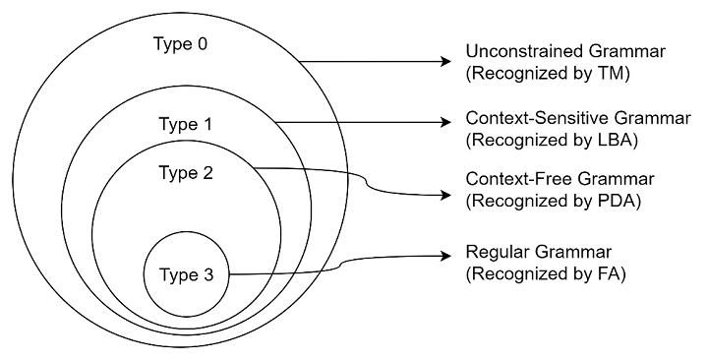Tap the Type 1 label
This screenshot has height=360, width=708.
185,125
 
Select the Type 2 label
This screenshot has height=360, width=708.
185,173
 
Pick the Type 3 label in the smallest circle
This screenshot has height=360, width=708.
185,274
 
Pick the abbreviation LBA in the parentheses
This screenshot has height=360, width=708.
616,140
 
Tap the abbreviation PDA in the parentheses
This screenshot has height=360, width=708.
618,203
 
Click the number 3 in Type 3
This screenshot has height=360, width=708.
207,274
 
